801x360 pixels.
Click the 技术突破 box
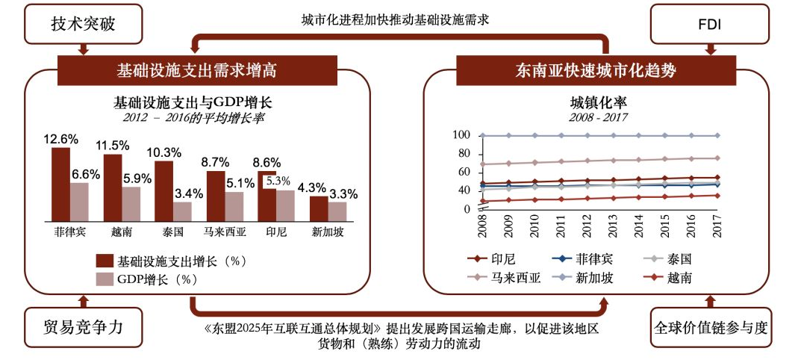84,24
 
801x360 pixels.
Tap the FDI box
709,25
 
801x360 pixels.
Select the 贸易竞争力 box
83,326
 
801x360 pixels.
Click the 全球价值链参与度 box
710,327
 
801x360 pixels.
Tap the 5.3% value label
277,181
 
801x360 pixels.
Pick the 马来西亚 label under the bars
224,231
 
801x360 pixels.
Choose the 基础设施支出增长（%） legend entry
171,261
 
